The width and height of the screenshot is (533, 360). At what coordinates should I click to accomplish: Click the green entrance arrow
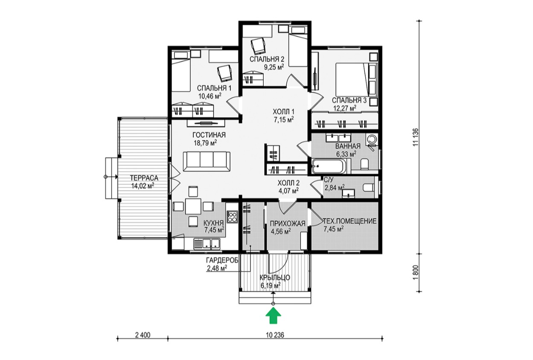tap(273, 316)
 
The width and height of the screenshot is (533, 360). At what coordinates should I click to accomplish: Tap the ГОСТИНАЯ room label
tap(209, 135)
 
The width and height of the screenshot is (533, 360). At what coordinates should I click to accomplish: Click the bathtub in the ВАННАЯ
tap(328, 166)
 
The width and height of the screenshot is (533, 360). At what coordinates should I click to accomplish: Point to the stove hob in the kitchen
tap(232, 217)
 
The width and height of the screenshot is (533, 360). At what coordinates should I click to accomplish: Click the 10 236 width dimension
tap(275, 335)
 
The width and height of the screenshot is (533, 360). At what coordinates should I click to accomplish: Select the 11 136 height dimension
tap(416, 137)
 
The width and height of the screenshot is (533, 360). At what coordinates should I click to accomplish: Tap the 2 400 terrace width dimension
tap(143, 335)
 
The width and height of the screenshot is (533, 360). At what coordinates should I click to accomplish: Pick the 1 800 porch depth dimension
tap(416, 273)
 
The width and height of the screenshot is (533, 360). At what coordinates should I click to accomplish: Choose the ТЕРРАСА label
tap(144, 177)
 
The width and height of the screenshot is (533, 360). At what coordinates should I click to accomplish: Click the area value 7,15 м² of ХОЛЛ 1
tap(283, 119)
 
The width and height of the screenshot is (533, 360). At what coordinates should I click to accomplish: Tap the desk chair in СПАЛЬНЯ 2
tap(258, 46)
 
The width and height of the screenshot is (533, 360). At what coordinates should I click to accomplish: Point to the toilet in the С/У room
tap(369, 188)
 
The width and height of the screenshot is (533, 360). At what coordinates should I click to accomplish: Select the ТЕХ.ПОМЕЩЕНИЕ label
tap(350, 221)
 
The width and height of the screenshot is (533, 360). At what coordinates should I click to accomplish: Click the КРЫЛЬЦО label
tap(274, 278)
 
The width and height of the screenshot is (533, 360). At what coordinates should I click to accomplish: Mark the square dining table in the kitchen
tap(193, 206)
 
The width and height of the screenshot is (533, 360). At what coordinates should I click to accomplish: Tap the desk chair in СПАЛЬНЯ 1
tap(224, 73)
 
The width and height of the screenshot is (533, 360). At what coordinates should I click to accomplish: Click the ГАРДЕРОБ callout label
tap(222, 260)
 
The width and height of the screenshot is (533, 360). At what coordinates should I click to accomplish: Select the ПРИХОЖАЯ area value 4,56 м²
tap(280, 231)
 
